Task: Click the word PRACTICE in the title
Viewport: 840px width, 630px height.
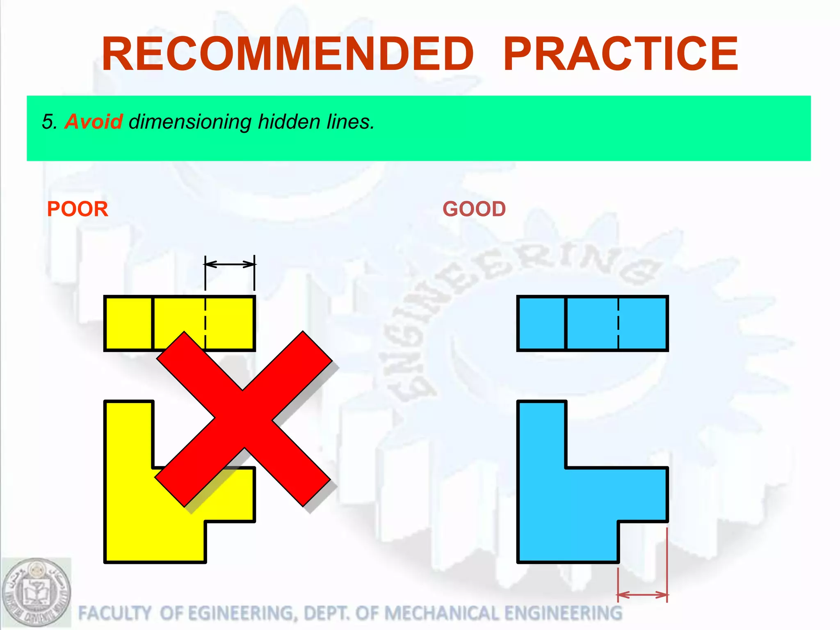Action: [621, 54]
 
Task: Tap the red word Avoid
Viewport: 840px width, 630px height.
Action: [94, 122]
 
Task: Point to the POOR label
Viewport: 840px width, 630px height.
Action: [78, 209]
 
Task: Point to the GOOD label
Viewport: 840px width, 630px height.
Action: [474, 209]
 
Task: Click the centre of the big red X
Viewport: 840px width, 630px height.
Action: [244, 418]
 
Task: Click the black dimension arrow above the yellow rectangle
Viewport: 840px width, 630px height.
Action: [230, 265]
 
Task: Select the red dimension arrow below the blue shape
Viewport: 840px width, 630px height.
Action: [643, 595]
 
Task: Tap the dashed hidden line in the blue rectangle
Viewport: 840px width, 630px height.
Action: [618, 323]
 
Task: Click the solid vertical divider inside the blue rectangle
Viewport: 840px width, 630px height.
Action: [566, 323]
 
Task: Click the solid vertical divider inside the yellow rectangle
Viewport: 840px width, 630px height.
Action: [153, 323]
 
